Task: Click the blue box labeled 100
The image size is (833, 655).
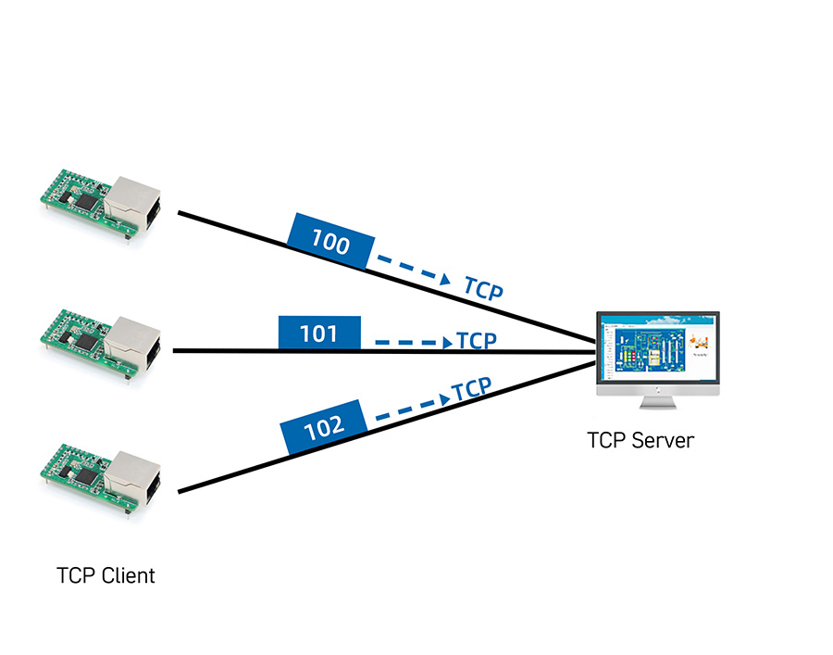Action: (x=331, y=240)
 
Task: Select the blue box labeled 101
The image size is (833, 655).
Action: (x=319, y=333)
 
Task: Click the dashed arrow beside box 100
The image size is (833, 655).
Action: (x=413, y=269)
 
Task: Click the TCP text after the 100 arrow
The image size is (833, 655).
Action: (x=483, y=289)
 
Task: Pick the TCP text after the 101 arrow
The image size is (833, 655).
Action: (x=478, y=340)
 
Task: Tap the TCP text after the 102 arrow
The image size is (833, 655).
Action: (x=471, y=389)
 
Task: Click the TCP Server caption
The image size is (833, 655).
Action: (x=640, y=440)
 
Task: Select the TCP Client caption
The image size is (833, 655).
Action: (x=106, y=575)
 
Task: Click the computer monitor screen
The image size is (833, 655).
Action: (x=657, y=349)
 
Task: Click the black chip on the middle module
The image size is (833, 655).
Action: (x=85, y=339)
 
